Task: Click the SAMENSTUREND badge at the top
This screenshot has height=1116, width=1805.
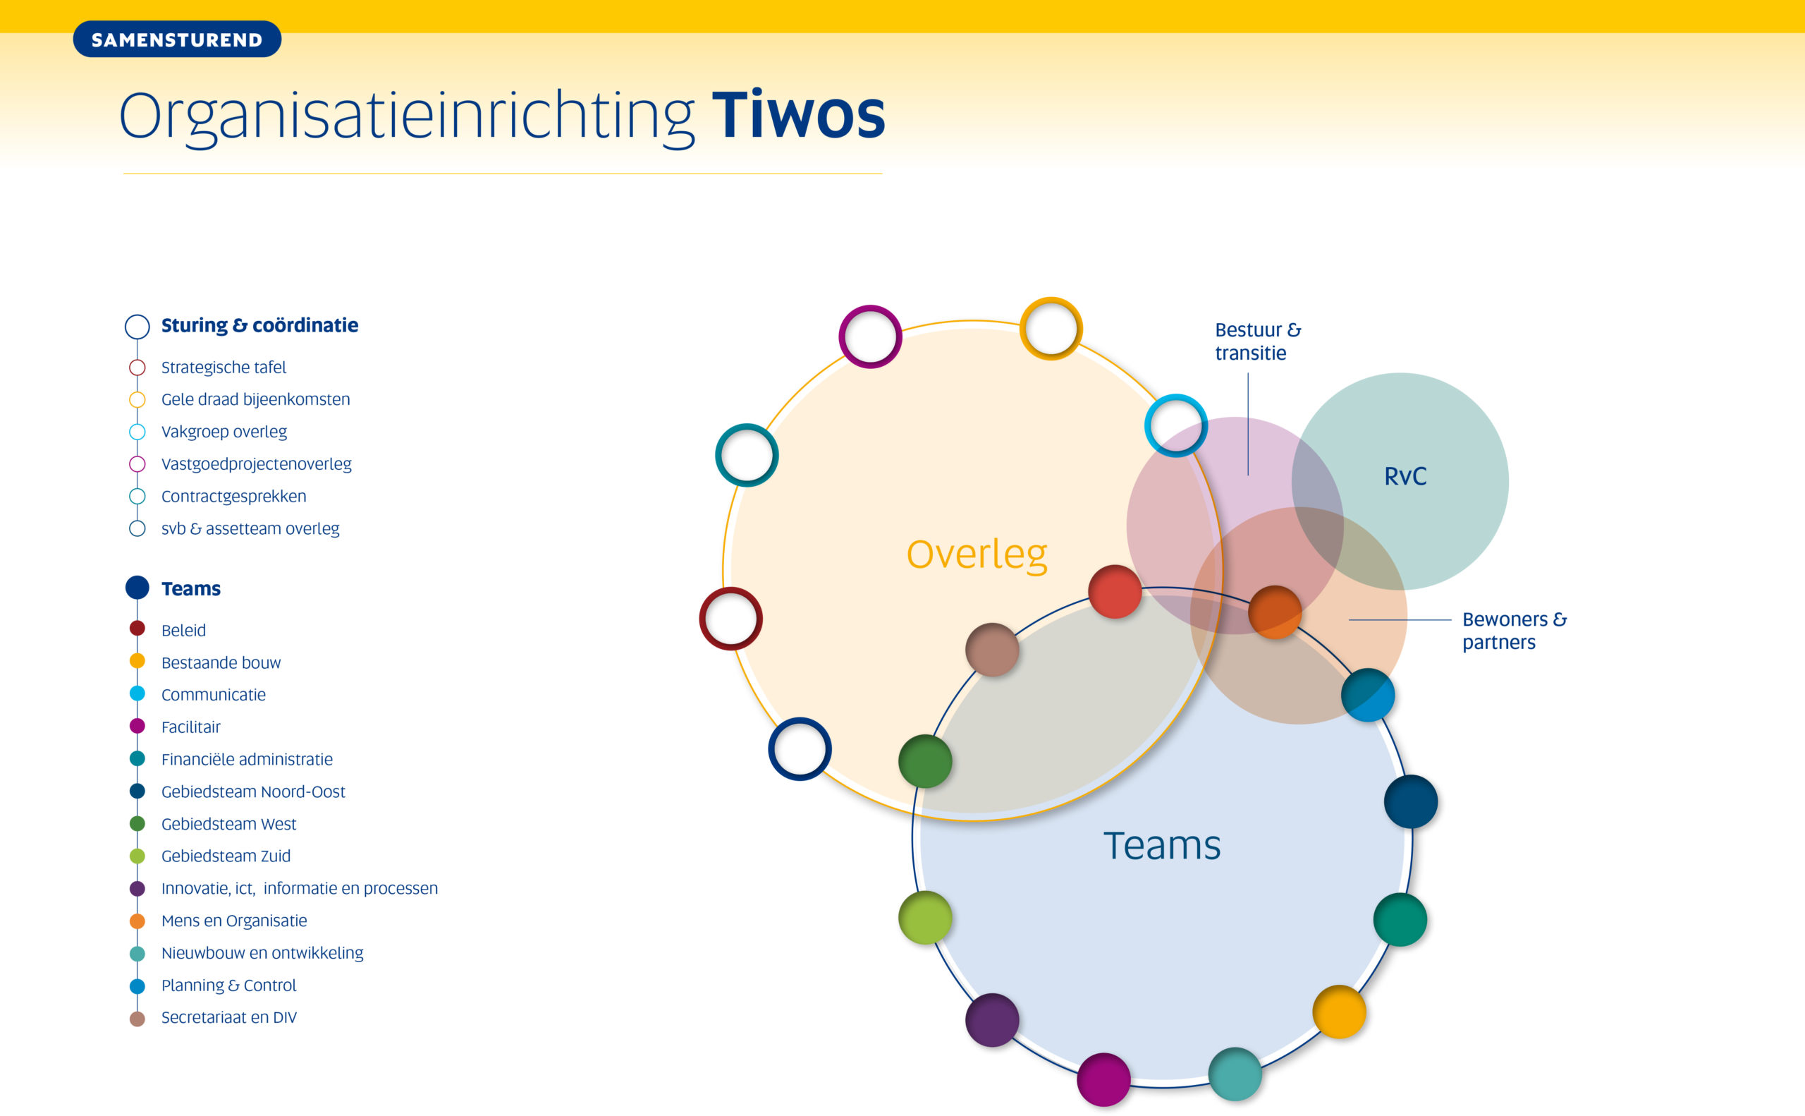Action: [177, 39]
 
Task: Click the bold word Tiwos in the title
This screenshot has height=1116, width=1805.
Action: [798, 115]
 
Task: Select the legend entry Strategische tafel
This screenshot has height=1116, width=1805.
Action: [224, 367]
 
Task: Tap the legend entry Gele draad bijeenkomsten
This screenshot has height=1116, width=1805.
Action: [255, 399]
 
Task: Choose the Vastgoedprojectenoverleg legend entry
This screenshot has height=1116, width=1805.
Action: [256, 464]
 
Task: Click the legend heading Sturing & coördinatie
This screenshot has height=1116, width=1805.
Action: [259, 325]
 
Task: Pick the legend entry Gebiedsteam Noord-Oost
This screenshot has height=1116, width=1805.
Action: [253, 791]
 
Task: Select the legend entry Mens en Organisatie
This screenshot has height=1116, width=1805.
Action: [234, 921]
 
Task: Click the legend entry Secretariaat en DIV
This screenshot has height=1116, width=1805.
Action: [228, 1017]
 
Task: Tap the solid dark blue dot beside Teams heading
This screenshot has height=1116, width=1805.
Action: [137, 588]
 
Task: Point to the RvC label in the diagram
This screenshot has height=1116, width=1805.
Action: [1405, 477]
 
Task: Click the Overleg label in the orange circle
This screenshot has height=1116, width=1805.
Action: [977, 555]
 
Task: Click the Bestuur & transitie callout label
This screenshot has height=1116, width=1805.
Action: [1258, 341]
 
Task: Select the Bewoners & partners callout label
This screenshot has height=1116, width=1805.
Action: [1515, 631]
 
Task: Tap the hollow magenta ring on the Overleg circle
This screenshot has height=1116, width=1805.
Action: [870, 336]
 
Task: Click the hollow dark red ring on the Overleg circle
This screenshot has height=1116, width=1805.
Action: [731, 619]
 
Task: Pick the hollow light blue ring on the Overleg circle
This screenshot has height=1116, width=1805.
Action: [1176, 426]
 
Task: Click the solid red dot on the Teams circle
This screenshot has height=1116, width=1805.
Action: [1115, 592]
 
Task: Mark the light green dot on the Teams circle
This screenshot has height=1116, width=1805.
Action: [925, 918]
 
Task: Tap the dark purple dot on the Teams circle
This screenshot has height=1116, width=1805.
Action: [992, 1020]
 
